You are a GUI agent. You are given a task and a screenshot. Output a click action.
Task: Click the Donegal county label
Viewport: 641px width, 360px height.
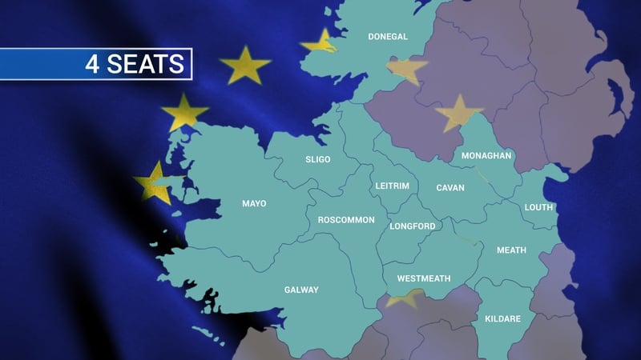click(388, 37)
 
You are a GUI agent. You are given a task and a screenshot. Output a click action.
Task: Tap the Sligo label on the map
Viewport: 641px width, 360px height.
click(317, 159)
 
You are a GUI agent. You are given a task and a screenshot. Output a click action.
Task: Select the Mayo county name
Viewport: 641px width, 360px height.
click(254, 203)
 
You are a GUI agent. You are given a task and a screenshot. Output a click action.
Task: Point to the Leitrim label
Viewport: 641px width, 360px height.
click(393, 186)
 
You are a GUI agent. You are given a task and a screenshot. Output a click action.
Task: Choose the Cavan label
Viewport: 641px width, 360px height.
click(450, 188)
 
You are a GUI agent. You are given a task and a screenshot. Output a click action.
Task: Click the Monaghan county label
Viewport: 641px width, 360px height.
click(486, 155)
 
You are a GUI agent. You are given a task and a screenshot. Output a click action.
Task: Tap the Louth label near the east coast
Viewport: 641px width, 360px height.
click(538, 207)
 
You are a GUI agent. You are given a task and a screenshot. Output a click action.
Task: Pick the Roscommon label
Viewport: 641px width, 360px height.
click(346, 220)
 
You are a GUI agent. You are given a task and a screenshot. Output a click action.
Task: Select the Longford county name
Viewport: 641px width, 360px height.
click(413, 226)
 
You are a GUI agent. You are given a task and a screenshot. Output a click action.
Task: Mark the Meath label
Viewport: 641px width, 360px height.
click(511, 250)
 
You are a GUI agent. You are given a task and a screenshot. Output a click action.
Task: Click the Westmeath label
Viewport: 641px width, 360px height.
click(424, 278)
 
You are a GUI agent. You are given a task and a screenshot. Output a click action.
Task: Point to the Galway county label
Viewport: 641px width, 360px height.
click(301, 290)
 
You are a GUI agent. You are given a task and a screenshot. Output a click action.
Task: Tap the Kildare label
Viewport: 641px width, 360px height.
click(502, 319)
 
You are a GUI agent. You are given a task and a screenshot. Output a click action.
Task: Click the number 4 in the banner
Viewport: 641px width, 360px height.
click(92, 64)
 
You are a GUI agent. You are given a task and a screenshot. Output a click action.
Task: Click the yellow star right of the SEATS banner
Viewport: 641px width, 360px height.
click(244, 66)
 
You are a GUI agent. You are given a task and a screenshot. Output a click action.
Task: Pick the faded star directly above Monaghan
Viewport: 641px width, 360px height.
click(459, 112)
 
